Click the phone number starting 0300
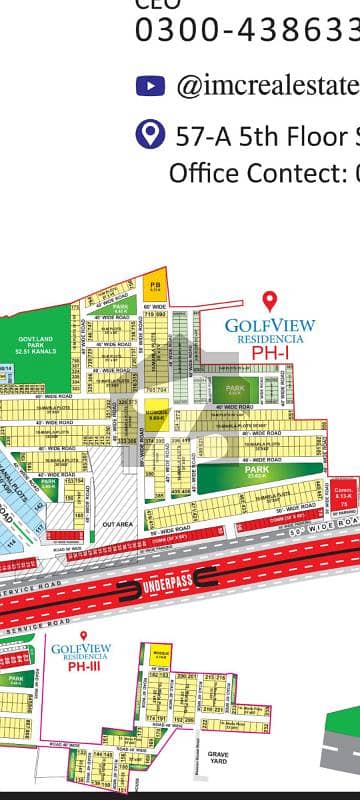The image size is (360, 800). [x=246, y=30]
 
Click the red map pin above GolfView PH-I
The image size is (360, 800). [x=268, y=301]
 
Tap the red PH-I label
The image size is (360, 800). [x=269, y=352]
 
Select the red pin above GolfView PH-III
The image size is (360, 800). [x=83, y=636]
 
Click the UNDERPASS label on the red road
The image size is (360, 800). [x=164, y=581]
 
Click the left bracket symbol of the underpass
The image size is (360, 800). [x=128, y=581]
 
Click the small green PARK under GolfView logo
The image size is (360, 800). [x=236, y=389]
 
